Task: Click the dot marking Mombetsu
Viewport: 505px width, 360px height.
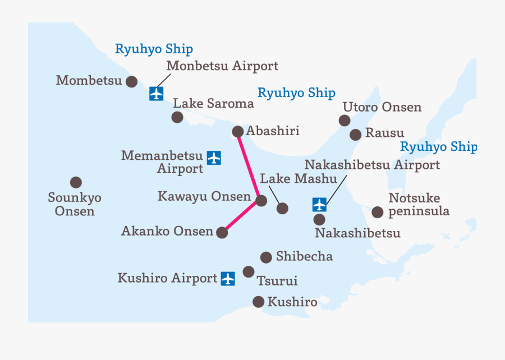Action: click(x=131, y=81)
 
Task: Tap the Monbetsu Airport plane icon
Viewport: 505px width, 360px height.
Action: click(x=157, y=94)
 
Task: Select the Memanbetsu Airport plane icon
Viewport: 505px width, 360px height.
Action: click(x=214, y=158)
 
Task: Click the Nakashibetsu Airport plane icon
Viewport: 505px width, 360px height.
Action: click(x=319, y=205)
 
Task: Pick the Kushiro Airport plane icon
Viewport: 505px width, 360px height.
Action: click(x=227, y=278)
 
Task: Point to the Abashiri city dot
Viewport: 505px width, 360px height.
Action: click(x=237, y=132)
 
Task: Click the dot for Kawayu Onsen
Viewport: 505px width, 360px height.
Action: click(x=261, y=200)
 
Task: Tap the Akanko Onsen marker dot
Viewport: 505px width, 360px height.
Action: click(x=222, y=233)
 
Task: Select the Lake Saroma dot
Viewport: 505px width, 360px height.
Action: click(x=177, y=117)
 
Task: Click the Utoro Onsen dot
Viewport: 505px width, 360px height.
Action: click(x=345, y=120)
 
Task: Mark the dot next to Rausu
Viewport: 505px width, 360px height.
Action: click(x=355, y=135)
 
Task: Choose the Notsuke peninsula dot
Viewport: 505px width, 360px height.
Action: click(x=378, y=211)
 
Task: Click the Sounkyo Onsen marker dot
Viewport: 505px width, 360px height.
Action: click(x=76, y=182)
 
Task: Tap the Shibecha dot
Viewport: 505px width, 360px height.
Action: click(x=266, y=257)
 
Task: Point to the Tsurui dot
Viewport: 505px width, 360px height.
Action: click(x=249, y=272)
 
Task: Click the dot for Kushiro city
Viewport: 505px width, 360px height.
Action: click(x=258, y=302)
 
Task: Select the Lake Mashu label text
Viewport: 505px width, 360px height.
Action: click(x=299, y=179)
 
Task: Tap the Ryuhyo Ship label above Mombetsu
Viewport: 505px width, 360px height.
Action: click(x=154, y=49)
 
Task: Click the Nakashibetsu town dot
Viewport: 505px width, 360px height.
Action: click(x=319, y=220)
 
